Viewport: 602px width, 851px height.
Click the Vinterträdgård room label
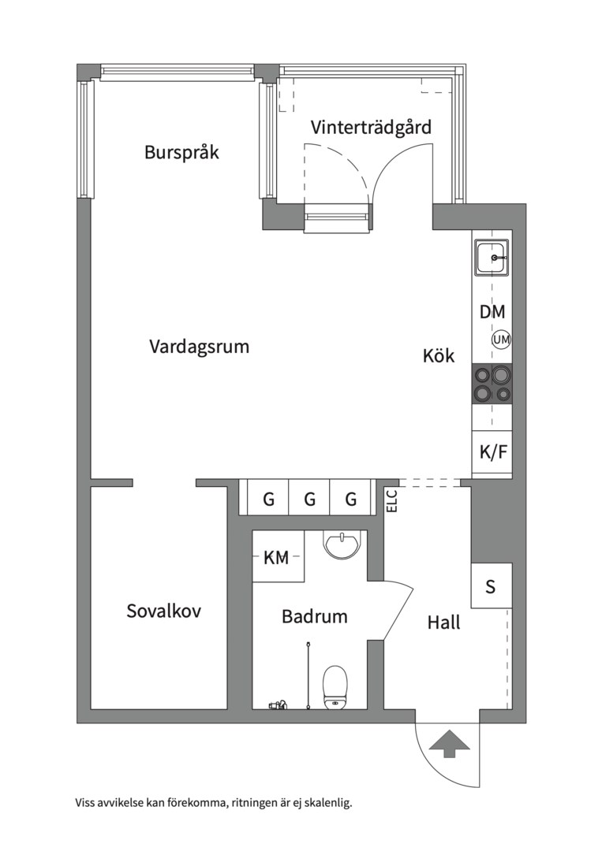coord(371,127)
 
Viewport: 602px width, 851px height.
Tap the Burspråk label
coord(181,152)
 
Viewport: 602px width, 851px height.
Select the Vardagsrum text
coord(199,346)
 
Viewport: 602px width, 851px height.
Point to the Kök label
coord(439,356)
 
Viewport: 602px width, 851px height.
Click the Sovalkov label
coord(163,611)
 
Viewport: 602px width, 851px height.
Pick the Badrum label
coord(315,616)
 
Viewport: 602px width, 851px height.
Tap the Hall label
coord(443,622)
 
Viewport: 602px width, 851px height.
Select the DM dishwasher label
coord(492,311)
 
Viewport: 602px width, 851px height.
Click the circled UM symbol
coord(501,340)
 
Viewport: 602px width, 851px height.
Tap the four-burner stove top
coord(492,384)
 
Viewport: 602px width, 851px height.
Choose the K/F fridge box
coord(492,452)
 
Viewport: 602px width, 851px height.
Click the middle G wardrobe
coord(310,497)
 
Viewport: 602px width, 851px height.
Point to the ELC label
coord(392,501)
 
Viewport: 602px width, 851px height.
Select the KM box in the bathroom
coord(277,557)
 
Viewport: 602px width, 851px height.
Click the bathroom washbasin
coord(342,544)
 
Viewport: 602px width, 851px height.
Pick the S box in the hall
coord(492,586)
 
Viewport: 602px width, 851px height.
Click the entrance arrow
coord(449,744)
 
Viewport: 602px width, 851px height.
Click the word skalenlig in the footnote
coord(329,803)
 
